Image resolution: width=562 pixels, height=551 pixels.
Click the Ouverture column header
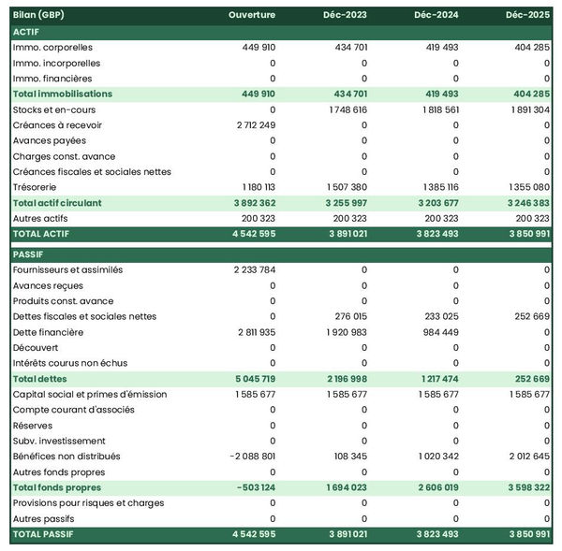251,16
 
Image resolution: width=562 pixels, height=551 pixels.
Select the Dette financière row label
48,332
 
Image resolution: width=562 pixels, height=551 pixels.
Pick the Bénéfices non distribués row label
67,457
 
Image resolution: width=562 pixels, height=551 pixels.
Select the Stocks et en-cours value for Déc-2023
348,109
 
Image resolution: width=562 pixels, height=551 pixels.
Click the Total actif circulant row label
57,203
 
